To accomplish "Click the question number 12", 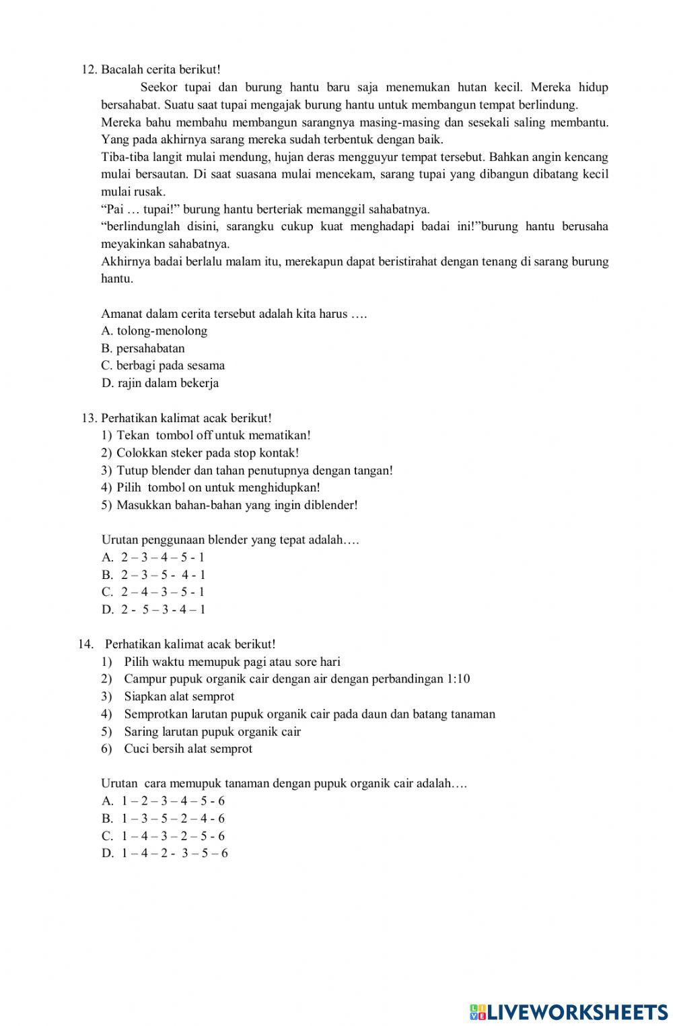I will coord(89,69).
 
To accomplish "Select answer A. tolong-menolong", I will coord(154,331).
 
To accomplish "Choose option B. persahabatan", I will coord(143,348).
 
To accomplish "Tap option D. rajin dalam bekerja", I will coord(160,383).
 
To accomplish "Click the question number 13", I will coord(89,418).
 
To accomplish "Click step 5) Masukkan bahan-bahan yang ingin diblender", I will coord(229,505).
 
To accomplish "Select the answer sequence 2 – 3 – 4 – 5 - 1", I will coord(162,557).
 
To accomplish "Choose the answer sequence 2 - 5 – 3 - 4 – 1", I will coord(163,609).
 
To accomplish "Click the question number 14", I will coord(85,644).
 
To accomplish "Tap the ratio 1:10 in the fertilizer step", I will coord(458,679).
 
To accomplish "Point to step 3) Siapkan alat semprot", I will coord(178,696).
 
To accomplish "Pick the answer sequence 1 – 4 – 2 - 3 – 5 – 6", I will coord(174,853).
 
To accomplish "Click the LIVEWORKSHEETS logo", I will coord(569,1011).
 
